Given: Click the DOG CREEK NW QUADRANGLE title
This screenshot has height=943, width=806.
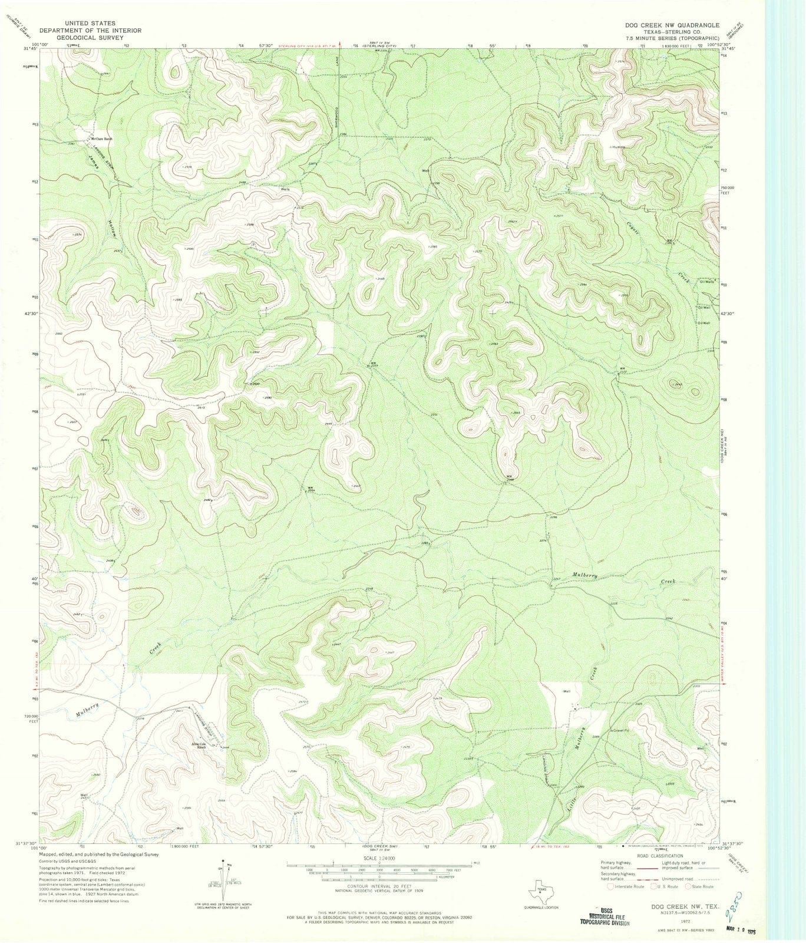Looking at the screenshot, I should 672,25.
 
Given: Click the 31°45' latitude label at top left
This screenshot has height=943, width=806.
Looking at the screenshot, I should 27,50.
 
